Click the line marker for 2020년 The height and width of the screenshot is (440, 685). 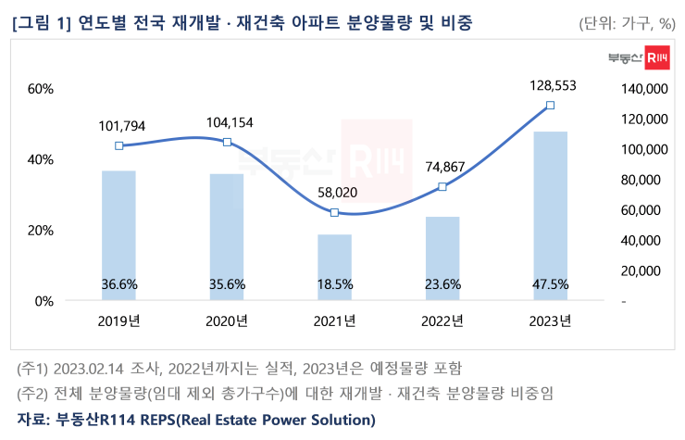tap(227, 142)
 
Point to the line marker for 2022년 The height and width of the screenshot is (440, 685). tap(442, 186)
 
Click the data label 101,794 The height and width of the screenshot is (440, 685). tap(120, 125)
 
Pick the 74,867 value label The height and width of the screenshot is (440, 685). tap(442, 166)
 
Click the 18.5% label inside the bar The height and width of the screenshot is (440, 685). tap(334, 284)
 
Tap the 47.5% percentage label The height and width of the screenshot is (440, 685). tap(550, 284)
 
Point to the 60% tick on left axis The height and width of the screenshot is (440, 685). tap(42, 89)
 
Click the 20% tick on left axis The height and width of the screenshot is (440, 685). tap(42, 230)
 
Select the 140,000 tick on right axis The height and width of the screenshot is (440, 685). tap(640, 89)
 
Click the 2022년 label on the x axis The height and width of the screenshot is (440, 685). tap(442, 321)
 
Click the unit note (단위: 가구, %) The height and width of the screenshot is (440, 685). tap(627, 24)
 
